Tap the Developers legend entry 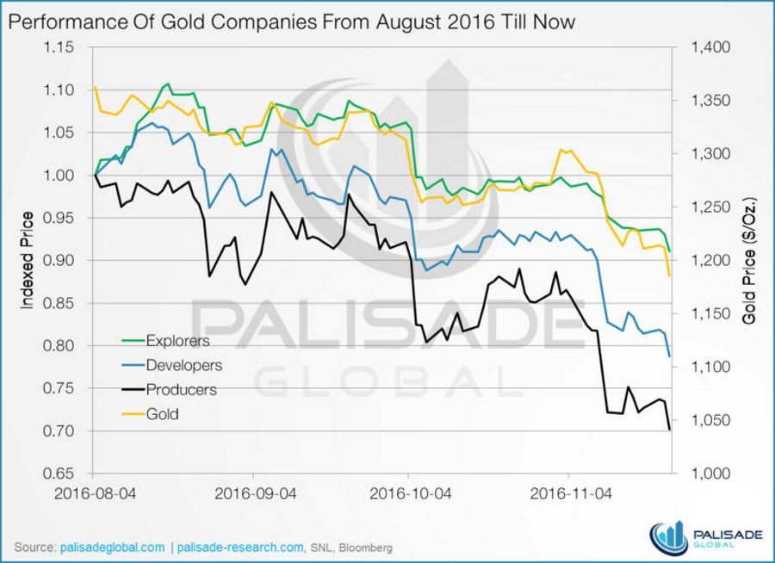(x=184, y=365)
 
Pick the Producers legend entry (x=181, y=389)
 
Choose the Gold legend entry (x=162, y=414)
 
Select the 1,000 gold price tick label (x=711, y=473)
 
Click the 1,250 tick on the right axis (x=711, y=207)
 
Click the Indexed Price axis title (x=27, y=260)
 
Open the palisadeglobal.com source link (x=112, y=547)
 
